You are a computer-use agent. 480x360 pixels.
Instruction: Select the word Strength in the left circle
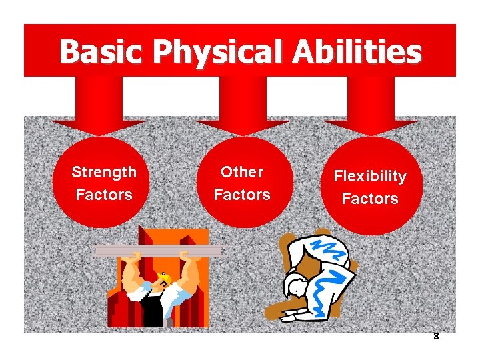click(104, 172)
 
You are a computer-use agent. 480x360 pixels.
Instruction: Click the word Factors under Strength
click(104, 195)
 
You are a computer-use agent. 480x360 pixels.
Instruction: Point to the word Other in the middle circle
click(242, 172)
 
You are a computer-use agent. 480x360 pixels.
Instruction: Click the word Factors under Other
click(242, 195)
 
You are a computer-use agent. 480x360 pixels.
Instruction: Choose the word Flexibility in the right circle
click(370, 176)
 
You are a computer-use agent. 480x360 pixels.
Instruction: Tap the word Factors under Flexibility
click(370, 199)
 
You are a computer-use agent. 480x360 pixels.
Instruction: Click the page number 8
click(436, 337)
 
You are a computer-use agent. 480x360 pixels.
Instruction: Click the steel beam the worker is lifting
click(160, 251)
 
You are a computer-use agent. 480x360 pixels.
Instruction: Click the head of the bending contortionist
click(294, 287)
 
